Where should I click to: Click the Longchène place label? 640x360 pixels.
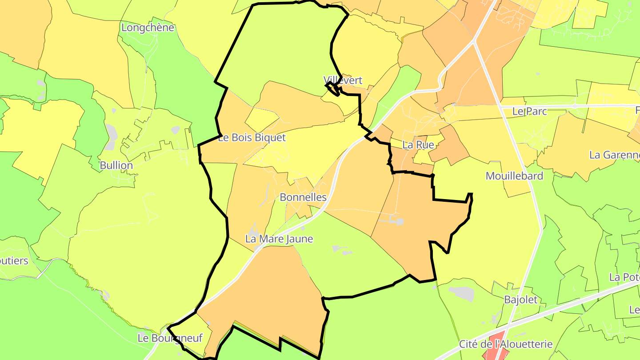148,28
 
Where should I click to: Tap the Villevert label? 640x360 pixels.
343,80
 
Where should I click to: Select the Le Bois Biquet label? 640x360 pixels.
252,138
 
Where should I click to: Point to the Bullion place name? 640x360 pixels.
116,165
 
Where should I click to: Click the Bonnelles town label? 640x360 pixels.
303,197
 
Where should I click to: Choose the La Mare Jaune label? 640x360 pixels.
279,239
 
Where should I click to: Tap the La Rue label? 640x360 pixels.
418,144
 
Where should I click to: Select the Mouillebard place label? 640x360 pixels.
514,176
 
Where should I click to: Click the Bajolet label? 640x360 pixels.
520,300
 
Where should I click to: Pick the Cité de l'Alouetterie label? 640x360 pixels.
506,344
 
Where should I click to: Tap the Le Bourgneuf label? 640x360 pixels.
170,338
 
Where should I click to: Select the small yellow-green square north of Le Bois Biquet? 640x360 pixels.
261,120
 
